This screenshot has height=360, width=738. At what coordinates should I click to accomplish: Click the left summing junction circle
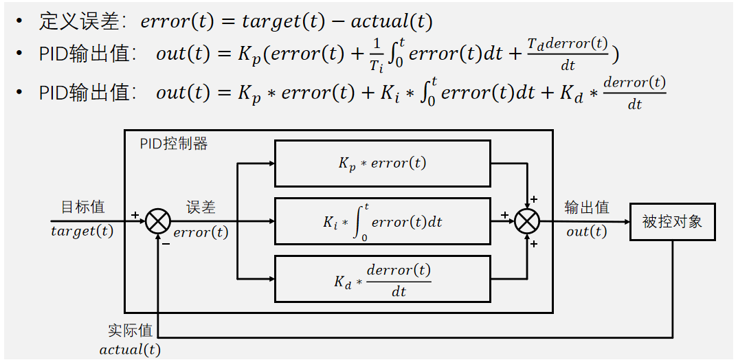pyautogui.click(x=158, y=221)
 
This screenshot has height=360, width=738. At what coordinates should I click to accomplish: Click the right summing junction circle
pyautogui.click(x=528, y=221)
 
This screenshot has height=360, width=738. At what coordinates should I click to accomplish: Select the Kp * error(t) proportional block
pyautogui.click(x=382, y=164)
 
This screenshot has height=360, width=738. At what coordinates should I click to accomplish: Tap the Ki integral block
pyautogui.click(x=382, y=221)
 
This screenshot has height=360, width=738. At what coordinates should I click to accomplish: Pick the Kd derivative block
pyautogui.click(x=382, y=279)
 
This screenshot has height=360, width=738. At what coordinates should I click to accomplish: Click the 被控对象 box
pyautogui.click(x=672, y=221)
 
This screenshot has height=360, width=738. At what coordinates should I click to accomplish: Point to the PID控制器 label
pyautogui.click(x=173, y=144)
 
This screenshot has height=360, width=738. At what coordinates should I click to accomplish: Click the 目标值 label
pyautogui.click(x=82, y=207)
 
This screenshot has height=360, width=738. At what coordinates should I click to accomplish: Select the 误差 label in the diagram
pyautogui.click(x=201, y=207)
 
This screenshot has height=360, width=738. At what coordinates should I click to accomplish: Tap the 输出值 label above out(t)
pyautogui.click(x=586, y=207)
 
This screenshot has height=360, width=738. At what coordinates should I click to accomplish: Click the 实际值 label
pyautogui.click(x=130, y=330)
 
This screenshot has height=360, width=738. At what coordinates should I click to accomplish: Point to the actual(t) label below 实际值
pyautogui.click(x=130, y=350)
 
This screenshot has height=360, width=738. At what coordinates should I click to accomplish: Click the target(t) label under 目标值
pyautogui.click(x=82, y=231)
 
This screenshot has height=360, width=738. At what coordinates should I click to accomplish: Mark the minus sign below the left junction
pyautogui.click(x=165, y=242)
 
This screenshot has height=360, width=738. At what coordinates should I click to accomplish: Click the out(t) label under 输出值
pyautogui.click(x=586, y=232)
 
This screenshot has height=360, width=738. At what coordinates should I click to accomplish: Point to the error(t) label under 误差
pyautogui.click(x=201, y=232)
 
